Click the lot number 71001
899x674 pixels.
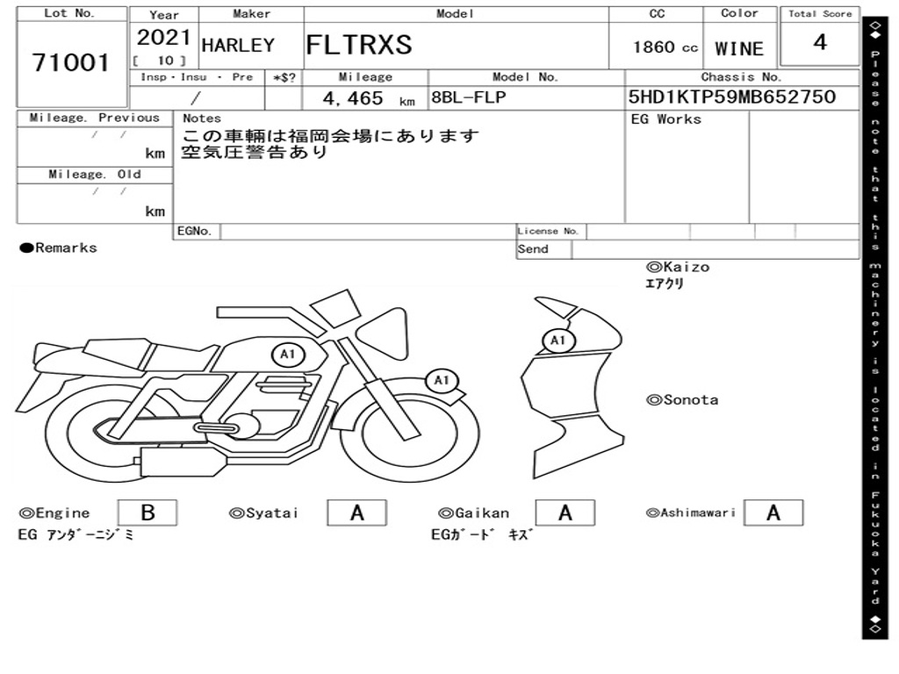pyautogui.click(x=70, y=62)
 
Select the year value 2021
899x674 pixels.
pyautogui.click(x=163, y=37)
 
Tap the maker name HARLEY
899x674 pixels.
pyautogui.click(x=238, y=46)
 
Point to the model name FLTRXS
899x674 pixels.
pyautogui.click(x=359, y=45)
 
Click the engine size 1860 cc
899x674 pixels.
pyautogui.click(x=665, y=47)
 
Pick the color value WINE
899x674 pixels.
pyautogui.click(x=739, y=49)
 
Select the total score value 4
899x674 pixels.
pyautogui.click(x=820, y=42)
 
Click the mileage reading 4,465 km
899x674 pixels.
pyautogui.click(x=369, y=98)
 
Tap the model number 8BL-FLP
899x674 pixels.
pyautogui.click(x=469, y=97)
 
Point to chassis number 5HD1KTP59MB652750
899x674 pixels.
pyautogui.click(x=731, y=97)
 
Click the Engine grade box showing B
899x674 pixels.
pyautogui.click(x=147, y=513)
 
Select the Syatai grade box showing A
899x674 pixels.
pyautogui.click(x=356, y=513)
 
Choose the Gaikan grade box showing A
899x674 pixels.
pyautogui.click(x=565, y=513)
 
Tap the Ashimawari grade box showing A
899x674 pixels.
pyautogui.click(x=773, y=513)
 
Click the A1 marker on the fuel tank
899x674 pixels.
pyautogui.click(x=288, y=355)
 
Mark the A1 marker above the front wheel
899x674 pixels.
pyautogui.click(x=441, y=381)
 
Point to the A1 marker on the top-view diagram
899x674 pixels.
pyautogui.click(x=557, y=341)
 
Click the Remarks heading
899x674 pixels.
pyautogui.click(x=59, y=247)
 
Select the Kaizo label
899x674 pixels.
pyautogui.click(x=678, y=267)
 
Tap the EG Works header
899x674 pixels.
pyautogui.click(x=665, y=119)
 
